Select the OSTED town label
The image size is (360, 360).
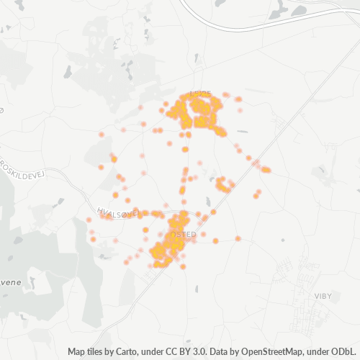click(x=185, y=235)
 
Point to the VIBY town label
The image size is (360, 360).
click(x=324, y=294)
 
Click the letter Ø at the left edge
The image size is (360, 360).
click(x=2, y=109)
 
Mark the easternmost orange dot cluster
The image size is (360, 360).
click(x=266, y=170)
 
